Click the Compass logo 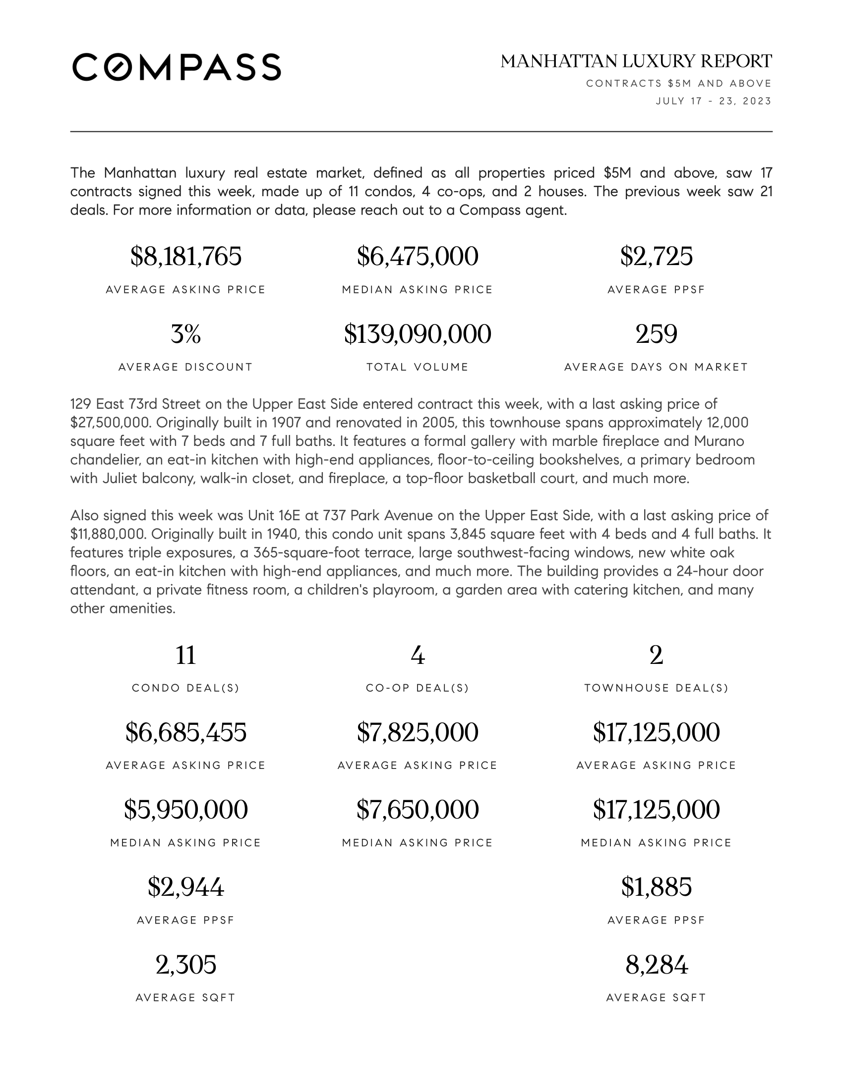point(177,67)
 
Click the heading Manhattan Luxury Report point(636,61)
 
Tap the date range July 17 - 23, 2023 point(714,101)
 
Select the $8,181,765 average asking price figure point(186,256)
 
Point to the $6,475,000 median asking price point(418,256)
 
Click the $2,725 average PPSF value point(656,256)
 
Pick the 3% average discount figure point(186,334)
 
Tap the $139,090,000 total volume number point(418,334)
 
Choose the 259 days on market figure point(656,334)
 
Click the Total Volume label point(418,367)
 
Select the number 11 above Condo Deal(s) point(186,655)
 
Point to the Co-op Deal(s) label point(418,688)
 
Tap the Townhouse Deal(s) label point(656,688)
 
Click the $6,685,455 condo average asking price point(186,732)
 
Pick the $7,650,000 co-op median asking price point(418,810)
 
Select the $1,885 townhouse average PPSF point(656,887)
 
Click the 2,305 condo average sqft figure point(186,965)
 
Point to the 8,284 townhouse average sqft point(656,965)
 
